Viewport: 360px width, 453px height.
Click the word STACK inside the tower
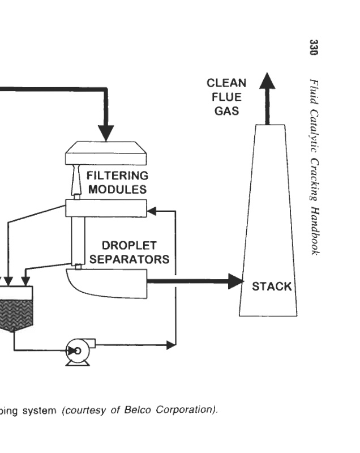point(272,286)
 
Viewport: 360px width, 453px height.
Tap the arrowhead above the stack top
point(268,80)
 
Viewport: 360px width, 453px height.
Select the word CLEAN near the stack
point(226,84)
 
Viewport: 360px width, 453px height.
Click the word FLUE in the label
point(226,97)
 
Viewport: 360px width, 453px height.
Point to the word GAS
point(226,111)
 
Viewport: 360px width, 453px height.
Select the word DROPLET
point(129,246)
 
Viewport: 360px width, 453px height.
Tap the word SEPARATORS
point(129,260)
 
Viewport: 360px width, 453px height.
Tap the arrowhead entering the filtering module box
point(152,212)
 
